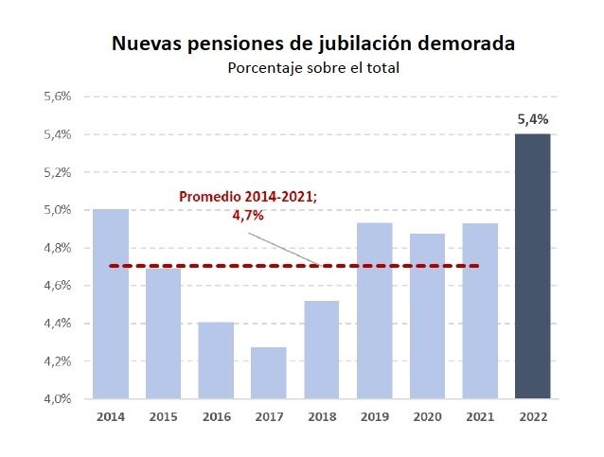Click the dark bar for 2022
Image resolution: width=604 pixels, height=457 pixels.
click(x=532, y=266)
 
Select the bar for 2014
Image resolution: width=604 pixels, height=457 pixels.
click(x=111, y=304)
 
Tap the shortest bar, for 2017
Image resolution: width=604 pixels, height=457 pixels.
click(x=269, y=373)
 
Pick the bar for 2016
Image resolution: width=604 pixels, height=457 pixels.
click(x=216, y=360)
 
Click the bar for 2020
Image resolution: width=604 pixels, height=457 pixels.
click(x=427, y=316)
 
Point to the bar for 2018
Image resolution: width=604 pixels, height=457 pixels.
click(x=322, y=349)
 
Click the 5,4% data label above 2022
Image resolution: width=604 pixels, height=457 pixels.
click(x=532, y=120)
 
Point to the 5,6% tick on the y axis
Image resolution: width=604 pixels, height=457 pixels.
click(x=59, y=97)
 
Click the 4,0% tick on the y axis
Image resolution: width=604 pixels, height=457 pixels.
click(x=59, y=398)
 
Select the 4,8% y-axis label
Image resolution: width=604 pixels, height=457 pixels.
click(x=59, y=248)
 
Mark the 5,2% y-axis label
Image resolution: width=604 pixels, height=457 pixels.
click(x=59, y=172)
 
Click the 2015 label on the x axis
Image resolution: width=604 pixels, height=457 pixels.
click(x=163, y=416)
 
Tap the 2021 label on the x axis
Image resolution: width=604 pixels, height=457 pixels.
click(x=479, y=416)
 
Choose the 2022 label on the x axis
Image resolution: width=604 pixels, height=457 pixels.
click(x=532, y=416)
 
